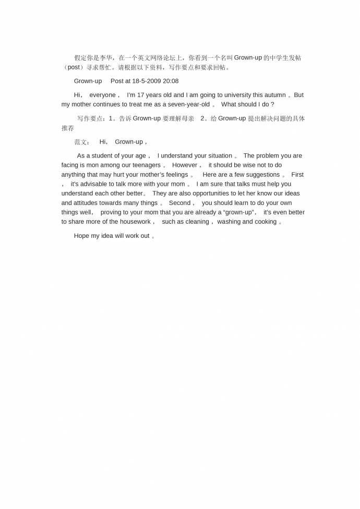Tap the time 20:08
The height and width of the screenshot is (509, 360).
point(171,81)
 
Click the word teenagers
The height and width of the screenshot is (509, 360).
point(146,165)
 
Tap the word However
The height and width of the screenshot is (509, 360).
point(185,165)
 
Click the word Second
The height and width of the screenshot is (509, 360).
point(179,203)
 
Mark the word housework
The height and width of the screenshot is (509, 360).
point(135,222)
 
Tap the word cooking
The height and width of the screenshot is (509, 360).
point(266,222)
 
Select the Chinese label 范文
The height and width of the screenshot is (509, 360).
point(80,142)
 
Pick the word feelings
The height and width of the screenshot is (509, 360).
point(177,175)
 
